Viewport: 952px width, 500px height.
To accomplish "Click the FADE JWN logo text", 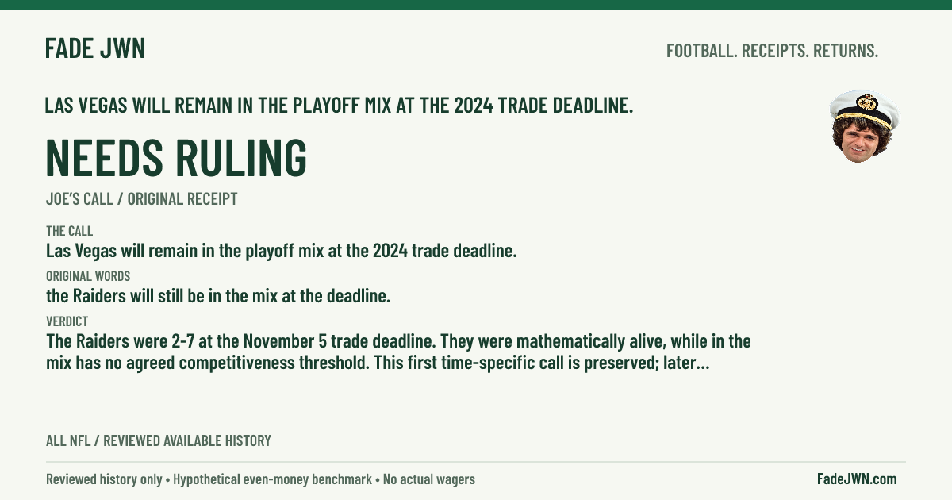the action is [x=95, y=48].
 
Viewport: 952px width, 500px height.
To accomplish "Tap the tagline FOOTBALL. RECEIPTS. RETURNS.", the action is [x=772, y=51].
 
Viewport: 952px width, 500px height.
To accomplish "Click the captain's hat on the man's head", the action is [x=865, y=110].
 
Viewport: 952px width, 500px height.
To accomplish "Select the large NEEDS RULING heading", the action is [x=176, y=157].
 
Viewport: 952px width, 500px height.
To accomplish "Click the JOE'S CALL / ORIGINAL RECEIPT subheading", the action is [x=141, y=199].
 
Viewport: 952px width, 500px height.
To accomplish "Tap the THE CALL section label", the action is [x=69, y=231].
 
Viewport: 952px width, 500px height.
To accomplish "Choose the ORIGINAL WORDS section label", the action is [x=88, y=276].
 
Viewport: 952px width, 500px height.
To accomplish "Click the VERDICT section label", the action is [x=67, y=321].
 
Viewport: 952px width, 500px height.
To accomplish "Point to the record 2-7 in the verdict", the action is [x=182, y=341].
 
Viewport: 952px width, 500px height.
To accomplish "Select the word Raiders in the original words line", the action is [x=99, y=296].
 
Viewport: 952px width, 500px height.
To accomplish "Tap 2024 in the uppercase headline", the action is [x=474, y=106].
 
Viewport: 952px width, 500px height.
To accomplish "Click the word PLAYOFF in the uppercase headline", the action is [x=332, y=106].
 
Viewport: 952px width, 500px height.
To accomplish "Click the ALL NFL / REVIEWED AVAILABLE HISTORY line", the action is [x=159, y=440].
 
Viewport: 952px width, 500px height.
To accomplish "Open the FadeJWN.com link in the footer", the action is [x=857, y=479].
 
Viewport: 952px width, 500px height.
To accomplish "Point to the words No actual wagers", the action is [x=429, y=479].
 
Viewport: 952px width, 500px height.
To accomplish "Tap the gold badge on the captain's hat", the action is [x=867, y=102].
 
